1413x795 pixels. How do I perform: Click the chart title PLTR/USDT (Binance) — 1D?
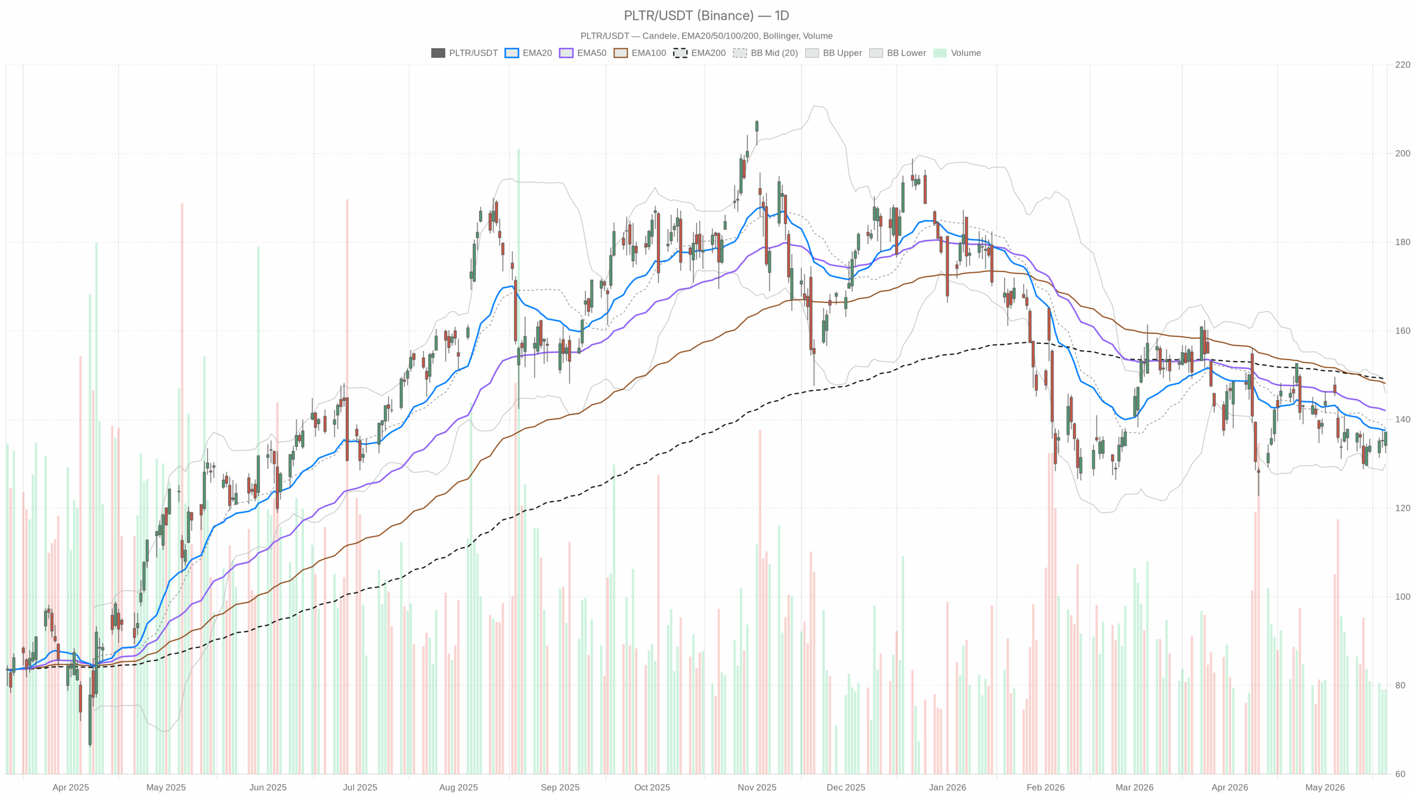706,15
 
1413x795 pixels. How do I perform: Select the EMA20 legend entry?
528,53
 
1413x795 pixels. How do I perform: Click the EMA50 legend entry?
582,53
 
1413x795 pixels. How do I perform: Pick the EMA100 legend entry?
640,53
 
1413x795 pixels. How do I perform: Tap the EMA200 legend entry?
699,53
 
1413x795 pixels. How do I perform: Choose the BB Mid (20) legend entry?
766,53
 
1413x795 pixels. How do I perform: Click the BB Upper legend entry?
833,53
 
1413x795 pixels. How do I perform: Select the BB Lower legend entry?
897,53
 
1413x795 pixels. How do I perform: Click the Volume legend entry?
957,53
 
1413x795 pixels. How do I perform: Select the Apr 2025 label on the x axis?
71,787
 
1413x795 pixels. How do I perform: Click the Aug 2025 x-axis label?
458,787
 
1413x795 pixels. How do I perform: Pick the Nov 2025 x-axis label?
757,787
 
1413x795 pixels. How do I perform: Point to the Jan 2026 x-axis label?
947,787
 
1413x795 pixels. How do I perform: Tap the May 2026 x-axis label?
1325,787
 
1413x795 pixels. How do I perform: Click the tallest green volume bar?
518,461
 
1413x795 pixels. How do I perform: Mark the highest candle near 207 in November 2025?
757,126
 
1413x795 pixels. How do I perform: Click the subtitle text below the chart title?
706,36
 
